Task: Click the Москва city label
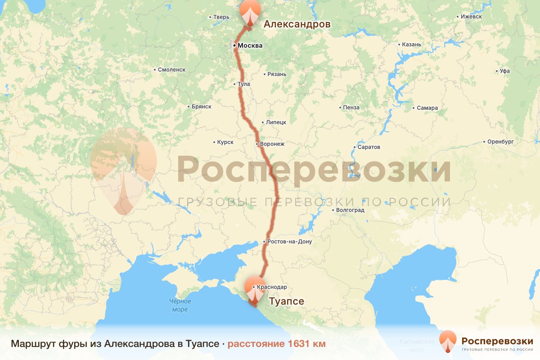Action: click(250, 45)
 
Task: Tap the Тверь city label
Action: click(221, 18)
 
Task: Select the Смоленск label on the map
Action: click(171, 70)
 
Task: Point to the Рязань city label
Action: click(276, 74)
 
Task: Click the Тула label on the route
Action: click(243, 84)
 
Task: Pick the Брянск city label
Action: click(201, 107)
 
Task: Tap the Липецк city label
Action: click(276, 122)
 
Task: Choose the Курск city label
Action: click(225, 142)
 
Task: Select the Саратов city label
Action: click(369, 147)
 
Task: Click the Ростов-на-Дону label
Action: click(289, 242)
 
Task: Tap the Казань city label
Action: click(412, 45)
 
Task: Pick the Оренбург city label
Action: click(500, 142)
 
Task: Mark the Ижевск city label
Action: click(471, 17)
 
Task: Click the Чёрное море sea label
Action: click(180, 305)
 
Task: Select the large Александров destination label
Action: click(297, 24)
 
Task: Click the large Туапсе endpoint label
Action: click(287, 301)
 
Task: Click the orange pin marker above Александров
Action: click(251, 12)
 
